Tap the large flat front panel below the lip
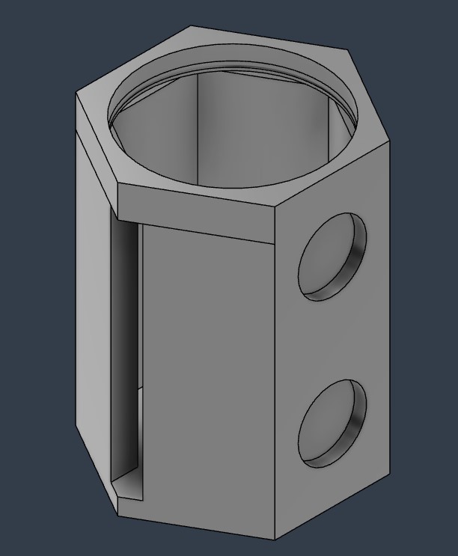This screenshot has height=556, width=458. [x=206, y=374]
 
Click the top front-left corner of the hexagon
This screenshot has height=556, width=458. [x=118, y=186]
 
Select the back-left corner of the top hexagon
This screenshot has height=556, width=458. [x=192, y=27]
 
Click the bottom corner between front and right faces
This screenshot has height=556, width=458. [x=275, y=540]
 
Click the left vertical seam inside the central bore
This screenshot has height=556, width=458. [x=198, y=127]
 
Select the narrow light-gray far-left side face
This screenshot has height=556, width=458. [x=93, y=299]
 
